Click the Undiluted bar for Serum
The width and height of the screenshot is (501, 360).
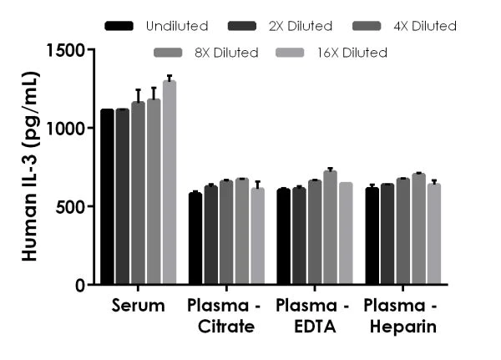click(107, 196)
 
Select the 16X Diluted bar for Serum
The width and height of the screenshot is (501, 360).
click(170, 182)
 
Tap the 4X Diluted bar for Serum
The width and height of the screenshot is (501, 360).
click(139, 193)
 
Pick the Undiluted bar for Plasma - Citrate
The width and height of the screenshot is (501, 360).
click(195, 238)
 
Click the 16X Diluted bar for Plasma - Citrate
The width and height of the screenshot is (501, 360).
click(258, 236)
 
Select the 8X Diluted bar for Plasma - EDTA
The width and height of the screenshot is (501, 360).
click(331, 227)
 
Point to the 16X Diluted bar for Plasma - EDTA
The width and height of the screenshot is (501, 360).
click(346, 233)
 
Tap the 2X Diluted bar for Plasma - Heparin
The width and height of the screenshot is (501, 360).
click(387, 234)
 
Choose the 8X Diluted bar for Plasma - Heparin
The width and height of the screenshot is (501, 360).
click(418, 229)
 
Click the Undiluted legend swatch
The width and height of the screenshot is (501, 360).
click(119, 26)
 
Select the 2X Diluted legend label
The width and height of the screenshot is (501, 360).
click(301, 26)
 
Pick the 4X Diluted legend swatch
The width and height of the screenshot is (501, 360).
click(367, 26)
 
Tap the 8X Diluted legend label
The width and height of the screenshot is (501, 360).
click(226, 53)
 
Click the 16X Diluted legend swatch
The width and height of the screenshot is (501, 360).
click(290, 53)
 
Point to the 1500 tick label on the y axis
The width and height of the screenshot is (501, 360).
click(66, 50)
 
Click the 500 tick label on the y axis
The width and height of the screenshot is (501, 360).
click(71, 207)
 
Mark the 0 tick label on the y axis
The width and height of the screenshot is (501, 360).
click(80, 285)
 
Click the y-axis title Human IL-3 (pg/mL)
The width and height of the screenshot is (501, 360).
click(31, 166)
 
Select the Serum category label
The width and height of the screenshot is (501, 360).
click(139, 306)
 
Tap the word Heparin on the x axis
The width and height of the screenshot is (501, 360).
click(403, 327)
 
